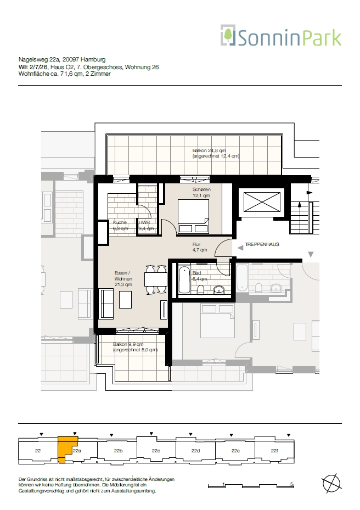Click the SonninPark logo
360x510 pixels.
click(x=281, y=36)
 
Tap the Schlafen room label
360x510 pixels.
click(x=201, y=193)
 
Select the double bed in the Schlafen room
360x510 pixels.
click(x=193, y=216)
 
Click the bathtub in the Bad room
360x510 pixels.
click(x=184, y=280)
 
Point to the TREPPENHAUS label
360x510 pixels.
click(x=262, y=244)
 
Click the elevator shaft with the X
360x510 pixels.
click(x=262, y=202)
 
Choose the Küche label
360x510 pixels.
click(x=120, y=226)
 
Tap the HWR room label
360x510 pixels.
click(x=146, y=226)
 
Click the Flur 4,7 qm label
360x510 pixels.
click(x=199, y=247)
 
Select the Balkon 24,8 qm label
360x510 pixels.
click(x=216, y=153)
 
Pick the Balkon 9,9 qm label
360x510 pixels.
click(x=135, y=347)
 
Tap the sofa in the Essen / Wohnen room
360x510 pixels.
click(x=108, y=304)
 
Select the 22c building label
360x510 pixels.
click(x=156, y=451)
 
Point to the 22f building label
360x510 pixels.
click(x=274, y=451)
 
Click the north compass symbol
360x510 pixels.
click(x=331, y=483)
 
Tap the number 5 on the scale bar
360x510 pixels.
click(x=292, y=484)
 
